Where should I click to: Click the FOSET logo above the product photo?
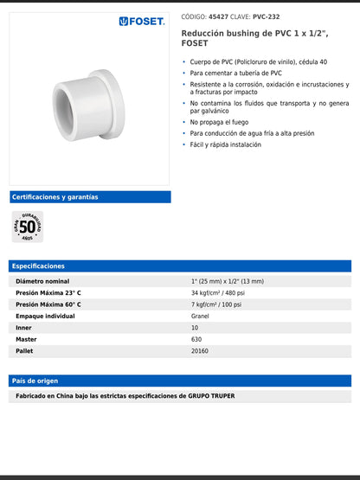[x=141, y=22]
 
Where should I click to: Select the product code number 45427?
[x=218, y=16]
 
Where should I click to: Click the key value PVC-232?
[x=267, y=16]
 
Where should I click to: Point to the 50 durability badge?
[x=28, y=227]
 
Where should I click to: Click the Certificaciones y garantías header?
[x=55, y=197]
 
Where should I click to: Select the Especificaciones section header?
[x=39, y=266]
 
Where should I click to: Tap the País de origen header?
[x=35, y=381]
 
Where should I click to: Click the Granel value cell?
[x=200, y=317]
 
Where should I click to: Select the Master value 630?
[x=196, y=340]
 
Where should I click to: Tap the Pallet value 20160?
[x=200, y=351]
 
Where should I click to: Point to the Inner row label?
[x=24, y=328]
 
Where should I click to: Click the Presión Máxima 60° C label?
[x=48, y=304]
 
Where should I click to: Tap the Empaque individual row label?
[x=45, y=317]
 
